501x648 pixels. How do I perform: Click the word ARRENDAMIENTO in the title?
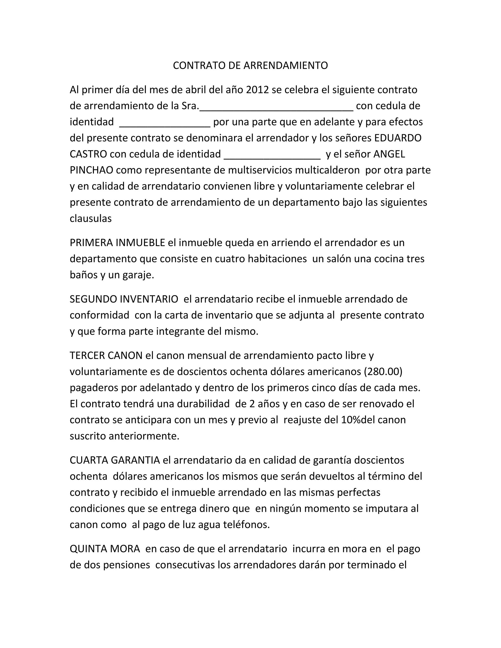click(285, 66)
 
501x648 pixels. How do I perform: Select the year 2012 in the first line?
click(257, 89)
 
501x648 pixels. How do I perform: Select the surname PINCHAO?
click(91, 170)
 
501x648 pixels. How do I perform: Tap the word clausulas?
click(91, 219)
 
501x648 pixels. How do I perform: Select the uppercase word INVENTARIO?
click(149, 299)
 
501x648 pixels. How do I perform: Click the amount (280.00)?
click(383, 371)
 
